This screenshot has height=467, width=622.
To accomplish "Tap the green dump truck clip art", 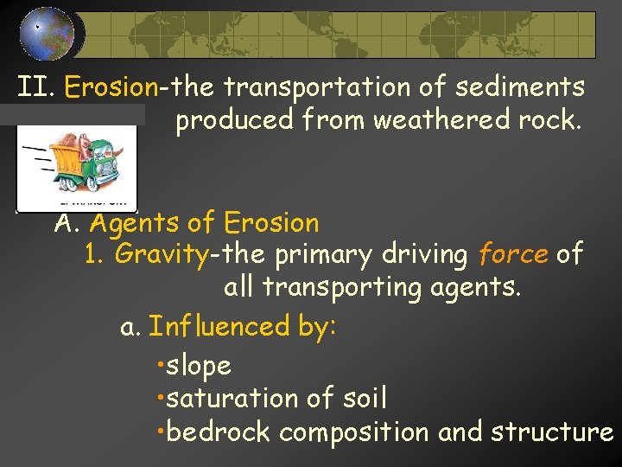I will [x=78, y=165].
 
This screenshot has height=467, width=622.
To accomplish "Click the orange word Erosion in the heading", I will [x=111, y=87].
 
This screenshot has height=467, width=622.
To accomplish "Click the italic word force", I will [x=513, y=255].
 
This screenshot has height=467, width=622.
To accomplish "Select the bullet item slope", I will [x=198, y=366].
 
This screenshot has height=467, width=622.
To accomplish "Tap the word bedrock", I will [x=218, y=432].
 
